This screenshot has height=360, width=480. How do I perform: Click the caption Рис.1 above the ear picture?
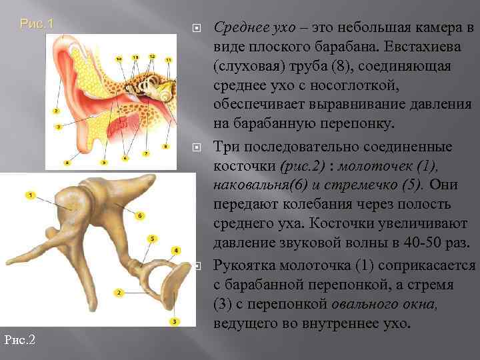[x=37, y=24]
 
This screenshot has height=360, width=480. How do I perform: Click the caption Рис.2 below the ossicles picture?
[x=19, y=340]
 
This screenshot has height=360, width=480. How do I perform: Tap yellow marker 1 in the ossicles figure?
[x=30, y=195]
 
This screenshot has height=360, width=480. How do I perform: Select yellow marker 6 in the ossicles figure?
[x=140, y=215]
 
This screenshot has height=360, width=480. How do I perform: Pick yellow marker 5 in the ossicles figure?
[x=153, y=238]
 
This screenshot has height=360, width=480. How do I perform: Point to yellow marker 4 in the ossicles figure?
[x=176, y=250]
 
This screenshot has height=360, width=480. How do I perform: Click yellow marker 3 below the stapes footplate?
[x=174, y=321]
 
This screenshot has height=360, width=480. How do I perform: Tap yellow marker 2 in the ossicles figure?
[x=119, y=293]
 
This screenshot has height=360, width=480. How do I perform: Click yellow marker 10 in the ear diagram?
[x=119, y=60]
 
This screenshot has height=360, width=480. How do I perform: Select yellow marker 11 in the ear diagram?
[x=168, y=60]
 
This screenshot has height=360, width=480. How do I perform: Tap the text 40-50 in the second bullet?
[x=425, y=242]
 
